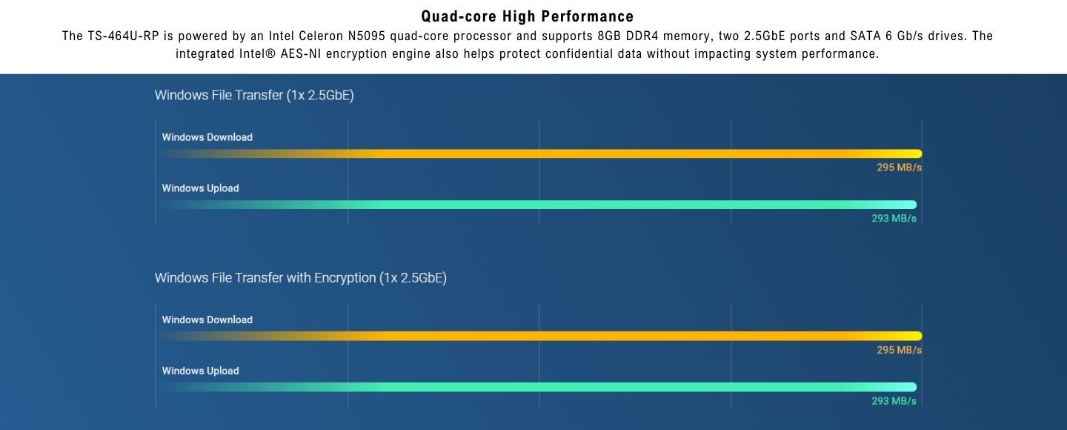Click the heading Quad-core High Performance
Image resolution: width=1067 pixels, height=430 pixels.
pos(527,16)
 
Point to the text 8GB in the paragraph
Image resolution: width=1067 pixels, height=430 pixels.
pos(609,36)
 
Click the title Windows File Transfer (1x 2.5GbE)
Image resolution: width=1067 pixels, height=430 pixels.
pos(254,95)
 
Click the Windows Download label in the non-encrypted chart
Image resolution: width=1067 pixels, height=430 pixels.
pos(207,137)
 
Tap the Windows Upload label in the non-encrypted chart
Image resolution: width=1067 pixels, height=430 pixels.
pos(201,188)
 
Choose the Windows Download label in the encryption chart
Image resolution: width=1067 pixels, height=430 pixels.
pos(207,320)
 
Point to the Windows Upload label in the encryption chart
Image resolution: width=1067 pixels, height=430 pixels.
pos(201,371)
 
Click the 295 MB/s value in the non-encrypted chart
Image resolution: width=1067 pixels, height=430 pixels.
pos(899,168)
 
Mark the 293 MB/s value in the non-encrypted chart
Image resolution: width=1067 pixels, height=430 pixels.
pos(894,219)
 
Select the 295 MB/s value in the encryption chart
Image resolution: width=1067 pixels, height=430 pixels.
pos(899,350)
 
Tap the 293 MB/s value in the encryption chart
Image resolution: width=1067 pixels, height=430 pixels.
pos(894,401)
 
